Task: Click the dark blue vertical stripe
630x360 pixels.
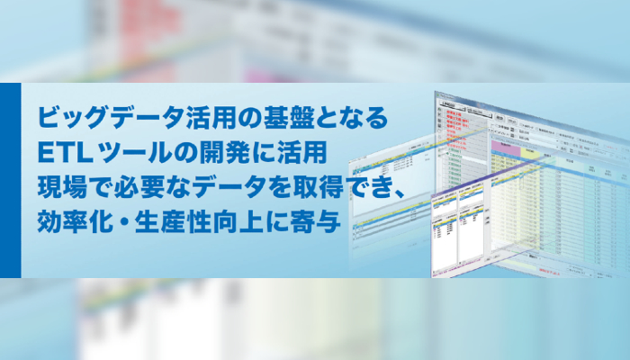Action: pyautogui.click(x=10, y=180)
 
